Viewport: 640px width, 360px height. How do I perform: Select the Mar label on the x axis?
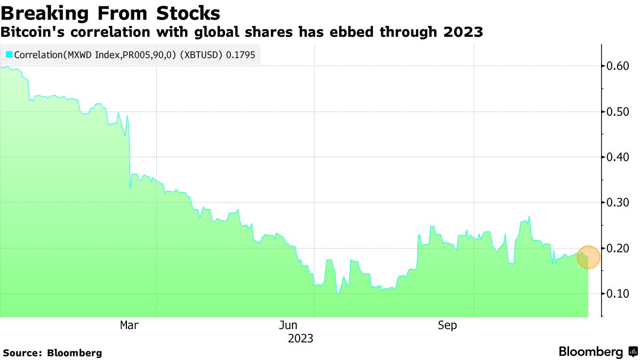click(129, 325)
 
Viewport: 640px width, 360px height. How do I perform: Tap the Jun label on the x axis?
click(288, 325)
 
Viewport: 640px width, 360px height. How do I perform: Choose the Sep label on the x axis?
click(447, 325)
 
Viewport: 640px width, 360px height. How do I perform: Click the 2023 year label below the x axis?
click(300, 339)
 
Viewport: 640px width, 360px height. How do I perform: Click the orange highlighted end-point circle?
click(588, 257)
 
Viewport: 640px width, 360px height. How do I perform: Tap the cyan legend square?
click(9, 54)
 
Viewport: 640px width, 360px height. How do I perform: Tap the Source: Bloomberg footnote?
click(52, 353)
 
